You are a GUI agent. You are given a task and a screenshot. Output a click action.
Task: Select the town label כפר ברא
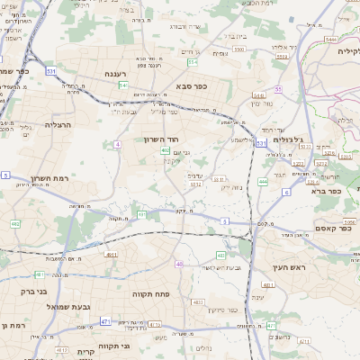pyautogui.click(x=325, y=191)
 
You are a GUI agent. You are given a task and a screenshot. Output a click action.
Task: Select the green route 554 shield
pyautogui.click(x=192, y=62)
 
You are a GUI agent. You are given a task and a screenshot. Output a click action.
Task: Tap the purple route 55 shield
pyautogui.click(x=279, y=90)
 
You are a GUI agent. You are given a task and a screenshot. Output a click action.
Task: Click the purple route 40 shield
pyautogui.click(x=180, y=264)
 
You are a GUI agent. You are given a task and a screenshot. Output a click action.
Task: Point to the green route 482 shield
pyautogui.click(x=15, y=223)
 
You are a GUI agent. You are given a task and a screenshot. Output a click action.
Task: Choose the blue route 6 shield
pyautogui.click(x=286, y=192)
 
